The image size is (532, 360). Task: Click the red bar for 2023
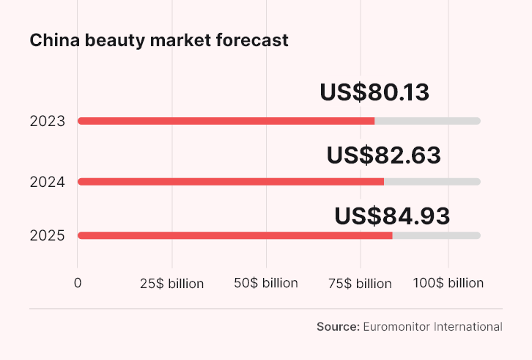point(226,121)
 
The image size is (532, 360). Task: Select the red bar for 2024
point(230,182)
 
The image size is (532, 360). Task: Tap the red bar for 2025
point(234,235)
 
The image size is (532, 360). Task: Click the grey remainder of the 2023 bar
point(427,121)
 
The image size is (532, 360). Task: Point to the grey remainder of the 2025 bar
point(436,235)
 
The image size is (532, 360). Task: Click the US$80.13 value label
point(374,93)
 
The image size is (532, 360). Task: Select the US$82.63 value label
point(383,155)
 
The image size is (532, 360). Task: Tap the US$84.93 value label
point(392,216)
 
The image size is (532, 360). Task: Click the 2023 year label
point(48,122)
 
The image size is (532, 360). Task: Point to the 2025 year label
point(48,236)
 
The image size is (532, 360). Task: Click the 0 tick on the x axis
point(78,283)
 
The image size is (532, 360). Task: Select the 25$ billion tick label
point(171,283)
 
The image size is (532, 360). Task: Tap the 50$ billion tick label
point(266,283)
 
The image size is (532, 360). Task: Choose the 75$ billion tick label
point(360,283)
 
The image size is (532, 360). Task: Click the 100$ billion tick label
point(448,283)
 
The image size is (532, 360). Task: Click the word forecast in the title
point(253,40)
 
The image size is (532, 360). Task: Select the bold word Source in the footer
point(337,327)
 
